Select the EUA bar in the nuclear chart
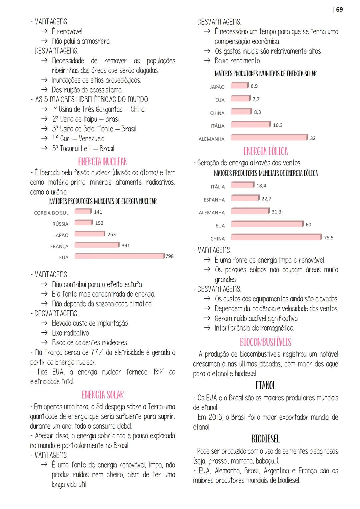(119, 256)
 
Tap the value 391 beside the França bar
(126, 245)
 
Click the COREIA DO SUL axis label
(51, 213)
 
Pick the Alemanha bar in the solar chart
(269, 137)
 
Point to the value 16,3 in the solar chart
(278, 125)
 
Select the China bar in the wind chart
(276, 237)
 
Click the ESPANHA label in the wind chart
(214, 200)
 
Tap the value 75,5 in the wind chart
(329, 238)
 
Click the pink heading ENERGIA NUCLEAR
(103, 162)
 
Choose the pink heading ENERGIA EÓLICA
(266, 151)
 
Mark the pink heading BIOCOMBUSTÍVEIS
(266, 342)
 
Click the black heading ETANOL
(266, 386)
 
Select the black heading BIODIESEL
(266, 439)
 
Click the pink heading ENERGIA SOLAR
(103, 395)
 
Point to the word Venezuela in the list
(92, 139)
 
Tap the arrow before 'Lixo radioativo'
(44, 333)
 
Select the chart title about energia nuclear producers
(103, 201)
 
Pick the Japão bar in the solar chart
(240, 86)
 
